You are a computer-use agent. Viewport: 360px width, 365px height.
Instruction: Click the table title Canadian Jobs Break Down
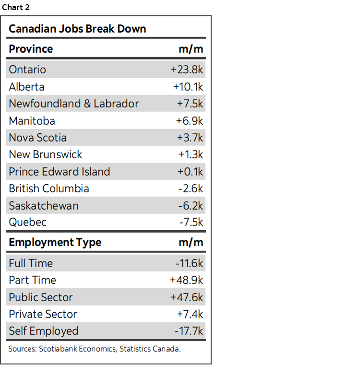click(x=77, y=29)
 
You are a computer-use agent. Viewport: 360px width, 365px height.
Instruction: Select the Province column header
click(x=31, y=49)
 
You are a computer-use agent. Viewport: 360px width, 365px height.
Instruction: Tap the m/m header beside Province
click(x=191, y=49)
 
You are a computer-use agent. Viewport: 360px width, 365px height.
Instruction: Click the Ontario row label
click(x=27, y=70)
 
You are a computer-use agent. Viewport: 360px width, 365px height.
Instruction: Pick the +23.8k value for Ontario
click(x=187, y=70)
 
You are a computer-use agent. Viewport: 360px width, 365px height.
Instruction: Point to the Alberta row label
click(x=26, y=87)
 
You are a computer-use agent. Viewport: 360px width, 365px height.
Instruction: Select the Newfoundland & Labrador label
click(x=73, y=104)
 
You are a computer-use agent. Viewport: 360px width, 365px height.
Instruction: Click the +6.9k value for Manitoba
click(x=190, y=121)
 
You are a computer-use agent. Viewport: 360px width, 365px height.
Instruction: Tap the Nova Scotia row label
click(x=37, y=138)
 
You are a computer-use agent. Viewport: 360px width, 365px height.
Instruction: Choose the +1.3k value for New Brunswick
click(x=191, y=154)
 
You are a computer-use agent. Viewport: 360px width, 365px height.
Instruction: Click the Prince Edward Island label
click(x=59, y=172)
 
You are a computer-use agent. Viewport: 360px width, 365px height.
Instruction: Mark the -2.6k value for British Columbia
click(x=191, y=188)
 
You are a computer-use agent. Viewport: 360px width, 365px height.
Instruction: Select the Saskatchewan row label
click(x=44, y=206)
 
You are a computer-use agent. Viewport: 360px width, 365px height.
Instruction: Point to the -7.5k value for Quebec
click(x=191, y=223)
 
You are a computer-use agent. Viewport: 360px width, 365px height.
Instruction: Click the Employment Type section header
click(x=55, y=242)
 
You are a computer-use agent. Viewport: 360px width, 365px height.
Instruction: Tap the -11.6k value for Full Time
click(x=189, y=263)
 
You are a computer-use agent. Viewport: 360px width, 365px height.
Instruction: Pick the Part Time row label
click(x=32, y=280)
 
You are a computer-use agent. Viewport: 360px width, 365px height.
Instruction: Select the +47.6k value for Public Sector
click(x=187, y=297)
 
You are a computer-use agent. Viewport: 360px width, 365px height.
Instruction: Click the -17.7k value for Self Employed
click(x=189, y=331)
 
